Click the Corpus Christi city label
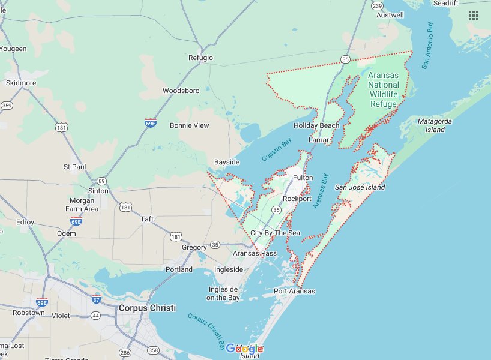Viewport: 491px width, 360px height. tap(147, 308)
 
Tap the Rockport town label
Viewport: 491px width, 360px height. tap(297, 199)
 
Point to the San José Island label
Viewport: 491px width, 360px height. tap(360, 187)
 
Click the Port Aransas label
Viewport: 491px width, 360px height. tap(294, 291)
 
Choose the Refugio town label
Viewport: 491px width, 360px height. tap(200, 58)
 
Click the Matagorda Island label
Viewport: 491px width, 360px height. tap(432, 125)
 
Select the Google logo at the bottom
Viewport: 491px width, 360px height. tap(244, 349)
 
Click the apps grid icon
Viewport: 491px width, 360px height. tap(474, 16)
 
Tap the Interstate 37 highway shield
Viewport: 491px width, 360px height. tap(97, 299)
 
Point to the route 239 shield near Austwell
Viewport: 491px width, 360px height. tap(377, 5)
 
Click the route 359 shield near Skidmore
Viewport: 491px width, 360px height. tap(7, 106)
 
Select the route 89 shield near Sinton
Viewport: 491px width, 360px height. tap(102, 181)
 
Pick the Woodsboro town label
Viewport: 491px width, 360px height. tap(181, 91)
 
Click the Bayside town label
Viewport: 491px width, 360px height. tap(227, 163)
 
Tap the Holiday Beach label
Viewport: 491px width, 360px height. tap(316, 125)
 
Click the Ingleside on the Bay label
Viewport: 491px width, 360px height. tap(223, 293)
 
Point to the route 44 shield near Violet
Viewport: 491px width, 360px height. tap(95, 315)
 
